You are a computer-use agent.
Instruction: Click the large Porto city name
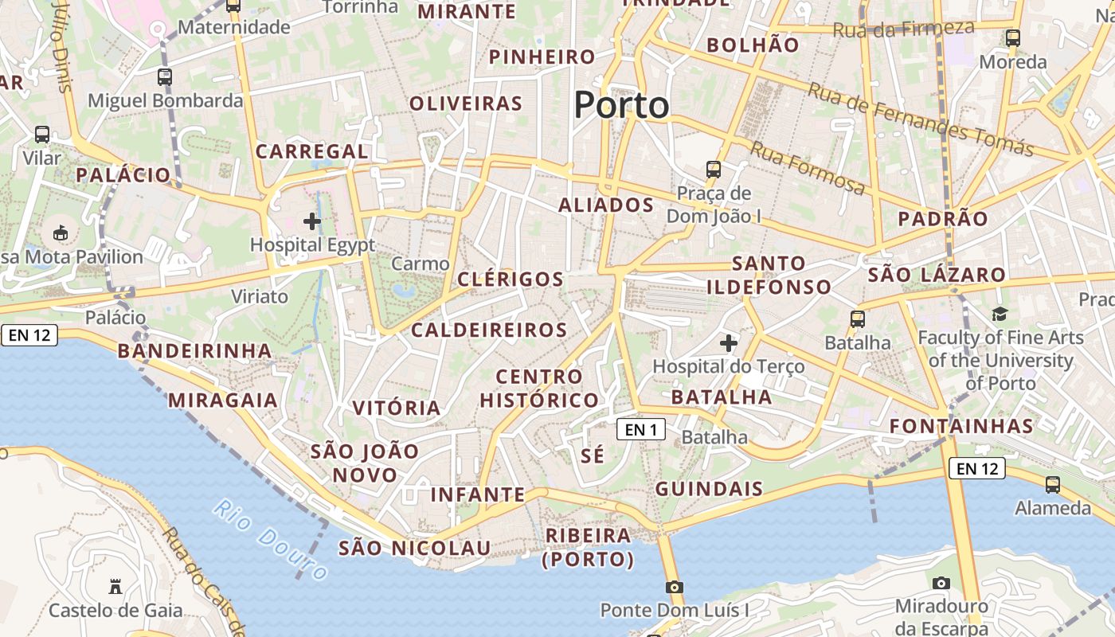point(621,105)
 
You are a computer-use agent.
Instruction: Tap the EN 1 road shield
point(640,430)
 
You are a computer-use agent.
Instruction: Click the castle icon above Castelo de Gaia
point(115,587)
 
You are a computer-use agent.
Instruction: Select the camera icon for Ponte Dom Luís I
point(675,587)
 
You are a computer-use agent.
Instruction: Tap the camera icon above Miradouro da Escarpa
point(941,583)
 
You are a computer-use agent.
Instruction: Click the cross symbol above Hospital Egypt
point(312,221)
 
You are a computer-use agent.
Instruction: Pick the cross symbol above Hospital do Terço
point(728,343)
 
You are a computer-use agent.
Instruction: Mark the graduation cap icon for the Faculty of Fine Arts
point(1000,315)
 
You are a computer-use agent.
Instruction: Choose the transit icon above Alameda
point(1053,484)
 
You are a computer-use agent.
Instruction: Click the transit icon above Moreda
point(1013,37)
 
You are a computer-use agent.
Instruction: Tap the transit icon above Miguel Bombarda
point(165,77)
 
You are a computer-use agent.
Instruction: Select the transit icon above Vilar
point(42,135)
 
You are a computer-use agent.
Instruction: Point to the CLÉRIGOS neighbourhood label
point(511,279)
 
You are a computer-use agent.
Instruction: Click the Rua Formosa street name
point(808,169)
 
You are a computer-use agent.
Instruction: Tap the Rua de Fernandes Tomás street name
point(921,119)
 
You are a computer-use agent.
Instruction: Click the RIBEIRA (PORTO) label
point(588,547)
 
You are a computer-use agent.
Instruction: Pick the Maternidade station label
point(233,28)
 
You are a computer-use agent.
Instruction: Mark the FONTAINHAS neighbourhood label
point(961,426)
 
